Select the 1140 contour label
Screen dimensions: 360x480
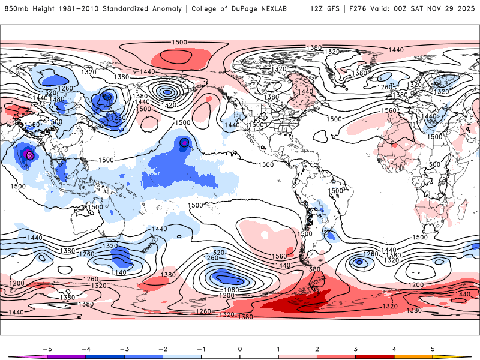coord(119,273)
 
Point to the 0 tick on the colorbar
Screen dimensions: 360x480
coord(240,348)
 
